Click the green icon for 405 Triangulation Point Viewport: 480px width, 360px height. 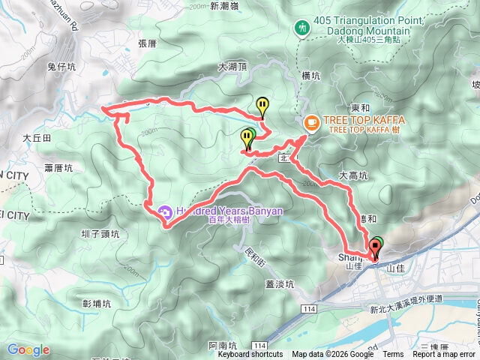pos(302,27)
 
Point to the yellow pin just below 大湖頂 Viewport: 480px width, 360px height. pos(262,106)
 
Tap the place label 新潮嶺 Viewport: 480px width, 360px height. pos(225,6)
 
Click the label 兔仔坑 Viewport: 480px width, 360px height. pos(61,67)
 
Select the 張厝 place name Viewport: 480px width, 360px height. pos(147,43)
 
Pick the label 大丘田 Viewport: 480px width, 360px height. pos(36,138)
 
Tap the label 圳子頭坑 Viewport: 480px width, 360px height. pos(100,234)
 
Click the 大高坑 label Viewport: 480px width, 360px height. pos(354,175)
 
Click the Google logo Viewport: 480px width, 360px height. pos(28,349)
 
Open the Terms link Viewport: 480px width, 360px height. pos(393,355)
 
